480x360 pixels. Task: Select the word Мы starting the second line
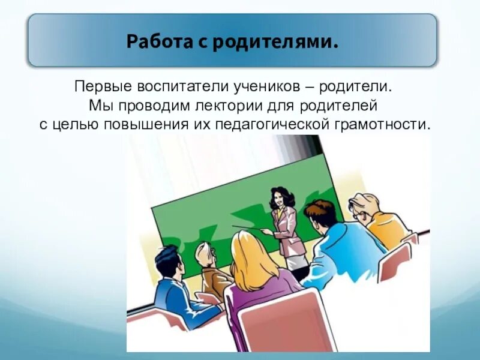point(98,106)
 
